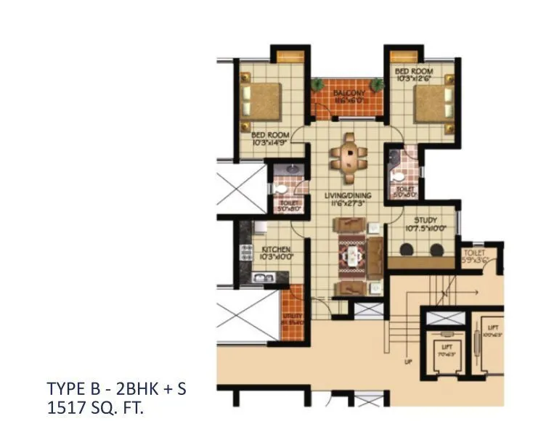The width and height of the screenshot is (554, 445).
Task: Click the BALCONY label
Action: [349, 94]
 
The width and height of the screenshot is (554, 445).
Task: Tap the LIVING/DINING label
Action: [351, 195]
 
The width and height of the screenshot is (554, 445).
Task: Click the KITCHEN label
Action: [276, 249]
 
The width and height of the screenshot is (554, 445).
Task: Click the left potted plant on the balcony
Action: [317, 85]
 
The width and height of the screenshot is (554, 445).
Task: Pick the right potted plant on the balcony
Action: [376, 85]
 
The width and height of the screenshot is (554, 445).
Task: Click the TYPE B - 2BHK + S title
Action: [116, 388]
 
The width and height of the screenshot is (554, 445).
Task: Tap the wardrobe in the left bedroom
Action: [290, 57]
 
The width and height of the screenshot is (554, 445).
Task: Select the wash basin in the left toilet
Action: [289, 169]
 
